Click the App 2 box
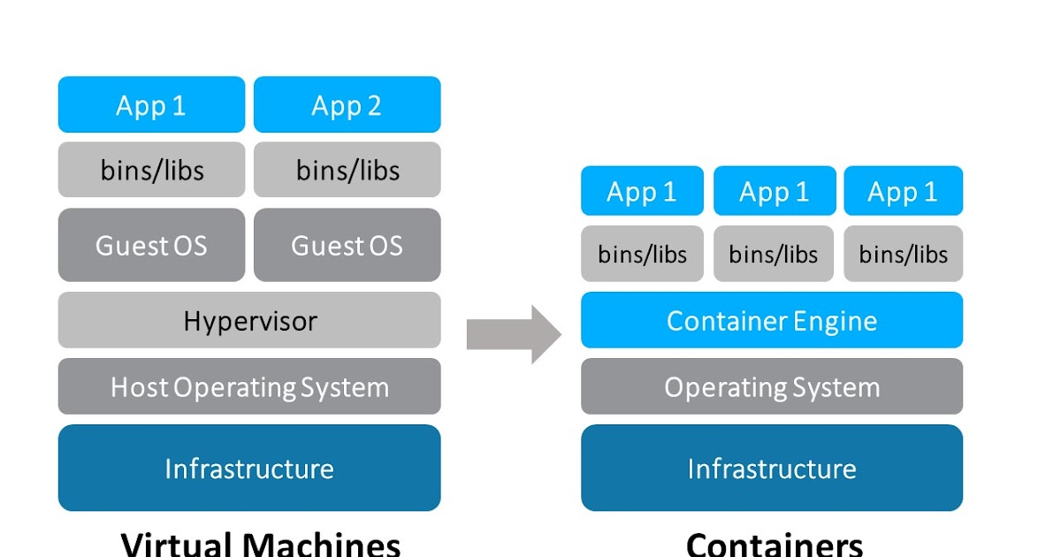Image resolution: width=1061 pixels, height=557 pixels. coord(347,104)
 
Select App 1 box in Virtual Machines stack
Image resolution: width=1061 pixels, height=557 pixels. coord(151,104)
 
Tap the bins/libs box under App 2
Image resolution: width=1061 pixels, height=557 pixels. coord(347,170)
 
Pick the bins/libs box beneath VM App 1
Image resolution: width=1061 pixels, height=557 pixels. coord(151,170)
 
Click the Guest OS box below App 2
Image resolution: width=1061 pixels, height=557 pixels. coord(347,245)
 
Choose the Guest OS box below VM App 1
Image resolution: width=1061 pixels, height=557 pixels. coord(151,245)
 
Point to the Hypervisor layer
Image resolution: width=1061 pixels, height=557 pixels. coord(249,320)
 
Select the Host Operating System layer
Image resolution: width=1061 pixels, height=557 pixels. coord(249,386)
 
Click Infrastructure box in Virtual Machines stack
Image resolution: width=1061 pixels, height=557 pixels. coord(249,468)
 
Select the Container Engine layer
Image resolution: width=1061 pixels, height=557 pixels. coord(771,320)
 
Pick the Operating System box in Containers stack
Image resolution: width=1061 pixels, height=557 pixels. coord(771,386)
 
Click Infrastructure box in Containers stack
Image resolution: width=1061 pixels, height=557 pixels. coord(771,468)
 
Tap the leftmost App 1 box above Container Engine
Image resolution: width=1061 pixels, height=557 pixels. coord(642,191)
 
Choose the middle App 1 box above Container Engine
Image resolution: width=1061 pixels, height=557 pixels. coord(774,191)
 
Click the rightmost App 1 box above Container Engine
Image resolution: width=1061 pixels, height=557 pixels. coord(903,191)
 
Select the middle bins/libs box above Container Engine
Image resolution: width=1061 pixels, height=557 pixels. coord(774,254)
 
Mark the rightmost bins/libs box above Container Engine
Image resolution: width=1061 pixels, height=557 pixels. coord(903,254)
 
